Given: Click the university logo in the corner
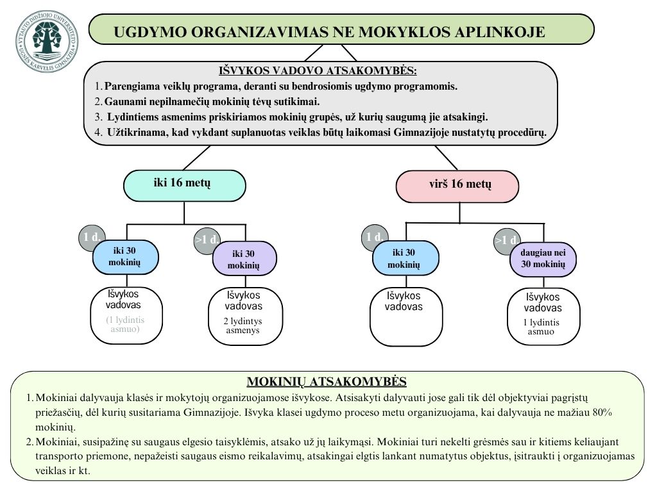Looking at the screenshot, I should click(x=48, y=41).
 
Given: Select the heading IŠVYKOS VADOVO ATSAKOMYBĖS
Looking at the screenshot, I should click(x=318, y=71).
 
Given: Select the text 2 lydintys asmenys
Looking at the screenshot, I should click(x=243, y=325).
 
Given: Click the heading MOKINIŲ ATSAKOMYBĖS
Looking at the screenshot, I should click(x=327, y=382).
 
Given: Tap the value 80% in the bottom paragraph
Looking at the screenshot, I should click(x=601, y=413).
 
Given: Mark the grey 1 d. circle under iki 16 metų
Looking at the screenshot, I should click(x=92, y=237).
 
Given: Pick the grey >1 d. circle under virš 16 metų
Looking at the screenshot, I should click(x=506, y=241).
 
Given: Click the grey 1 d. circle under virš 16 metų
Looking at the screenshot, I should click(x=375, y=237).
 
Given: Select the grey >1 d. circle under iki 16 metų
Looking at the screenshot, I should click(x=206, y=241).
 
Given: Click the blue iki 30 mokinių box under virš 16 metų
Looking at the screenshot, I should click(x=405, y=258).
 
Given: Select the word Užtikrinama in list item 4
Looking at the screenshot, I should click(x=134, y=133).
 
